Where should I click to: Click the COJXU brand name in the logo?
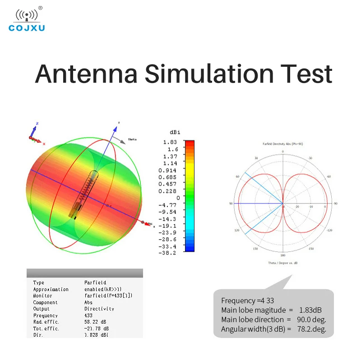(27, 28)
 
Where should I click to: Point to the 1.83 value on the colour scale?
(171, 142)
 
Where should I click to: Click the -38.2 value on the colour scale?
(168, 253)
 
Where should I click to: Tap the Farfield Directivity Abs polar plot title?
(282, 143)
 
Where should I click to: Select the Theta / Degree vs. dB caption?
(282, 263)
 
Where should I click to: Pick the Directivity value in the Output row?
(99, 309)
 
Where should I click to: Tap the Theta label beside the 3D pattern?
(132, 139)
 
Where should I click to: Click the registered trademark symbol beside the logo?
(40, 8)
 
